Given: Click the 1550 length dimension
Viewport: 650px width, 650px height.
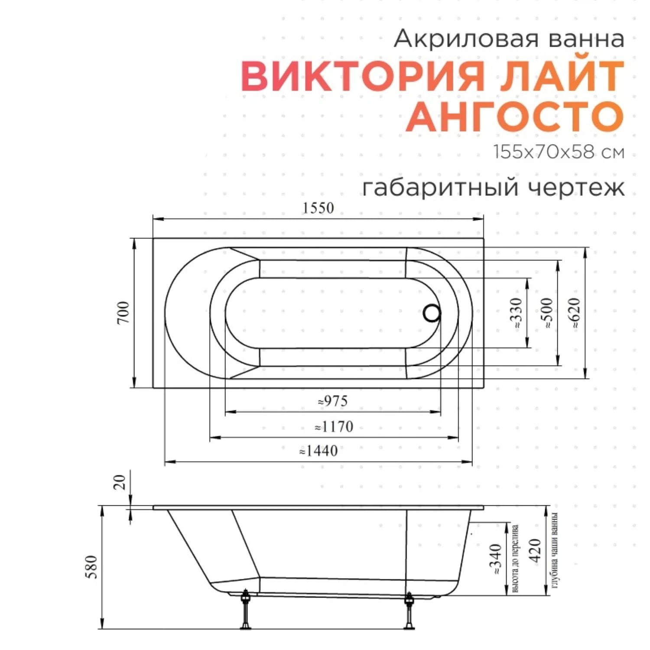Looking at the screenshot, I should (318, 208).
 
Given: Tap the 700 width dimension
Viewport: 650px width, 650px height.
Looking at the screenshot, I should (123, 312).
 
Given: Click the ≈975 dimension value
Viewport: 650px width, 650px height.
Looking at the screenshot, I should (333, 401).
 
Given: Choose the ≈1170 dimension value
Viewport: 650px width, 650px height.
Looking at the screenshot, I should (334, 427).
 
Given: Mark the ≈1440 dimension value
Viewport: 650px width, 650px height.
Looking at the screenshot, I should (318, 451).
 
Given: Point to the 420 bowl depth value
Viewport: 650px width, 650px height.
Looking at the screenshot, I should (536, 550).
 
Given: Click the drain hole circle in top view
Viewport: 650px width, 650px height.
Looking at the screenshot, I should (432, 313).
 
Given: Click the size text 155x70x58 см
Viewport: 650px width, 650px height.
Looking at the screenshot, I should (559, 152).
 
